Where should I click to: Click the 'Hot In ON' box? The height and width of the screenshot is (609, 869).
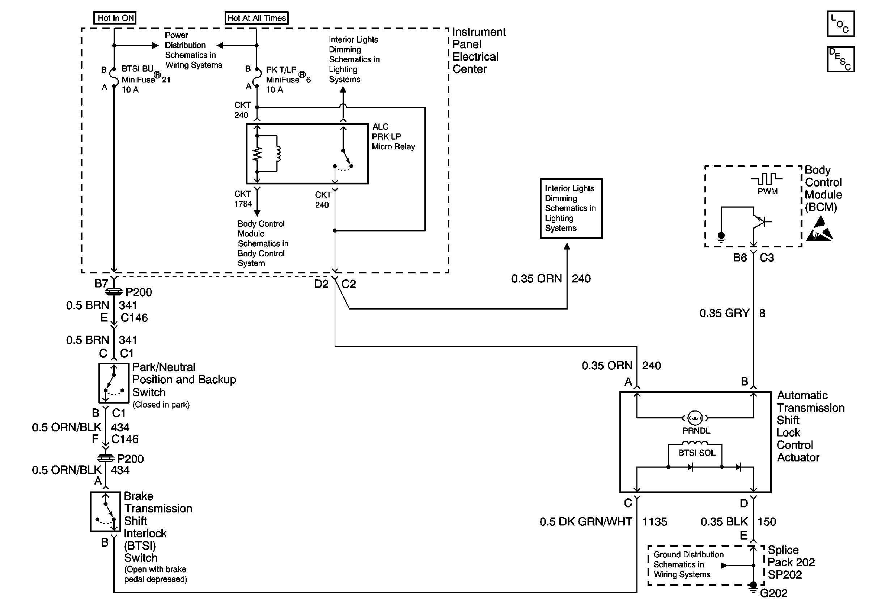pos(115,18)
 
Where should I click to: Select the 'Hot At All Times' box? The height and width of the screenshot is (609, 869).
pos(256,18)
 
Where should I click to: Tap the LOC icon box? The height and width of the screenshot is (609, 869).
pos(841,24)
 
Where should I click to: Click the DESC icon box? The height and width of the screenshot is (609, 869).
pos(841,59)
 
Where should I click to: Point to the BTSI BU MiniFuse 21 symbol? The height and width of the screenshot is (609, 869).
pos(114,78)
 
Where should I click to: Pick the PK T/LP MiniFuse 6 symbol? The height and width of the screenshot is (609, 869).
pos(257,78)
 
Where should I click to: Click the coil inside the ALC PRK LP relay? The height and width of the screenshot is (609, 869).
pos(278,154)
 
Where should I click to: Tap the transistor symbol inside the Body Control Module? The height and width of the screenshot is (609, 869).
pos(759,222)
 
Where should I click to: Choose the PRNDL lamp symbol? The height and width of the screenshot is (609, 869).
pos(695,418)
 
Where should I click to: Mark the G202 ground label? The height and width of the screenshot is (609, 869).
pos(773,593)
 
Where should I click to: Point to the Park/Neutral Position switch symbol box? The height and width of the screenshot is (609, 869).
pos(114,383)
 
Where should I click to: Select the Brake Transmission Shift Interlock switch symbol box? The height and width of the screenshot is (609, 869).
pos(106,512)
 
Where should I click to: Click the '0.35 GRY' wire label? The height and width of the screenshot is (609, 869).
pos(724,313)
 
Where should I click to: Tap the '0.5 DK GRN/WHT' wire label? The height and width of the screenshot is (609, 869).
pos(585,521)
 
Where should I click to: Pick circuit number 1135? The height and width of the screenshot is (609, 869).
pos(654,521)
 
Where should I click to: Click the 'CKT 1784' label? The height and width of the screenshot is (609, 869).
pos(243,199)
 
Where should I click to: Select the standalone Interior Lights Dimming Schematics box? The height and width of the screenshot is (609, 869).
pos(571,208)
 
